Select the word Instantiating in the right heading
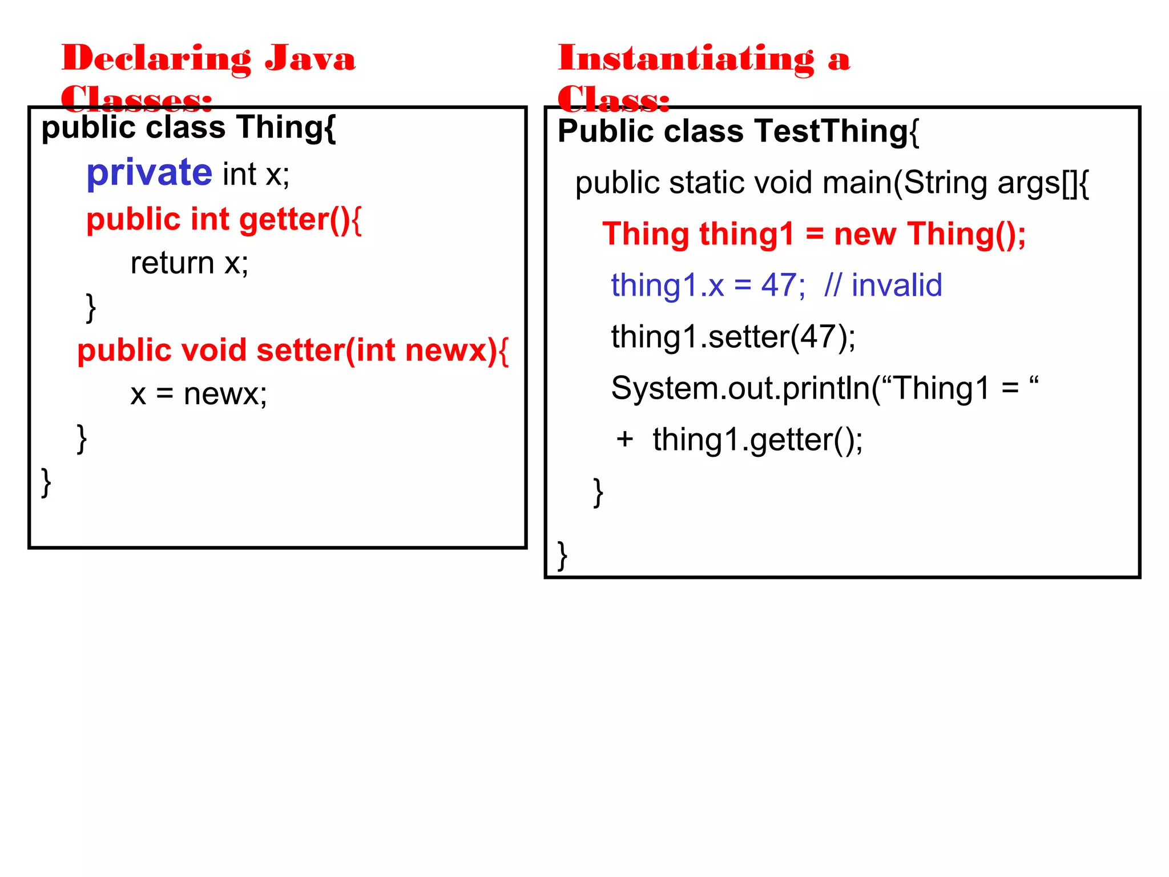pyautogui.click(x=686, y=59)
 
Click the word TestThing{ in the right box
pyautogui.click(x=837, y=131)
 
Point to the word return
pyautogui.click(x=172, y=263)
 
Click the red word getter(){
pyautogui.click(x=300, y=219)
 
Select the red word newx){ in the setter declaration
pyautogui.click(x=457, y=350)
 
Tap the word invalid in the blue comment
pyautogui.click(x=896, y=285)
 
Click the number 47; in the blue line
pyautogui.click(x=783, y=285)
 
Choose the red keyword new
pyautogui.click(x=865, y=234)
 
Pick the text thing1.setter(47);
pyautogui.click(x=733, y=336)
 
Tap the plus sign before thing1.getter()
pyautogui.click(x=624, y=439)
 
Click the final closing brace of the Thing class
pyautogui.click(x=46, y=482)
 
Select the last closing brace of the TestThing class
pyautogui.click(x=562, y=555)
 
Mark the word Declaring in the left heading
pyautogui.click(x=156, y=59)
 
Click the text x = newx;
pyautogui.click(x=198, y=394)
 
